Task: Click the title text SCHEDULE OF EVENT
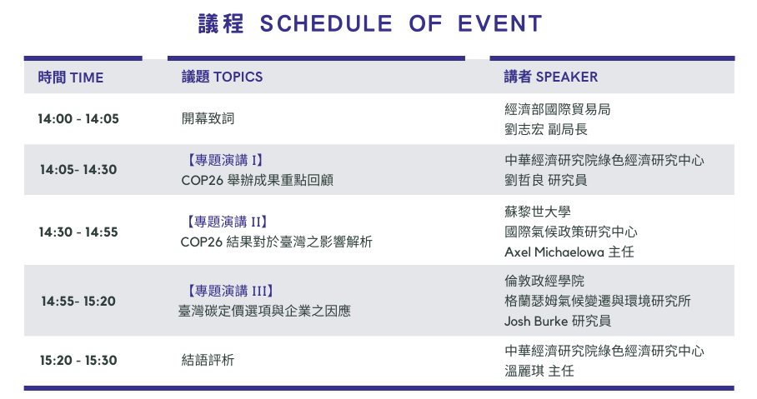coord(401,23)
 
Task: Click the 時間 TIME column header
coord(71,77)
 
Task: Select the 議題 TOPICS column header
coord(222,77)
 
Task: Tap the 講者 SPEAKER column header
coord(551,77)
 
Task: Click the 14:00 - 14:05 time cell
coord(78,118)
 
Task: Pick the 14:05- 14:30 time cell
coord(78,169)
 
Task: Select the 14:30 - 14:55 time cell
coord(78,232)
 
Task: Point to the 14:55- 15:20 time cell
coord(78,301)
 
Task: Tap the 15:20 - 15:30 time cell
coord(78,361)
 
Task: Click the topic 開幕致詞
coord(208,118)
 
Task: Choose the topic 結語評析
coord(208,360)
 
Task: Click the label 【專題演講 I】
coord(223,160)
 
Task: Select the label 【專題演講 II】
coord(224,222)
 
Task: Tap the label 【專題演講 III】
coord(228,291)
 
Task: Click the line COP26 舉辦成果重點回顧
coord(258,181)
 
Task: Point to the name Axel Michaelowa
coord(554,252)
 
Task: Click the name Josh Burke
coord(536,321)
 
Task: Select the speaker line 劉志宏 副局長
coord(546,129)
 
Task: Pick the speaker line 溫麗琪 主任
coord(539,371)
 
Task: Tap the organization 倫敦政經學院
coord(544,281)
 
